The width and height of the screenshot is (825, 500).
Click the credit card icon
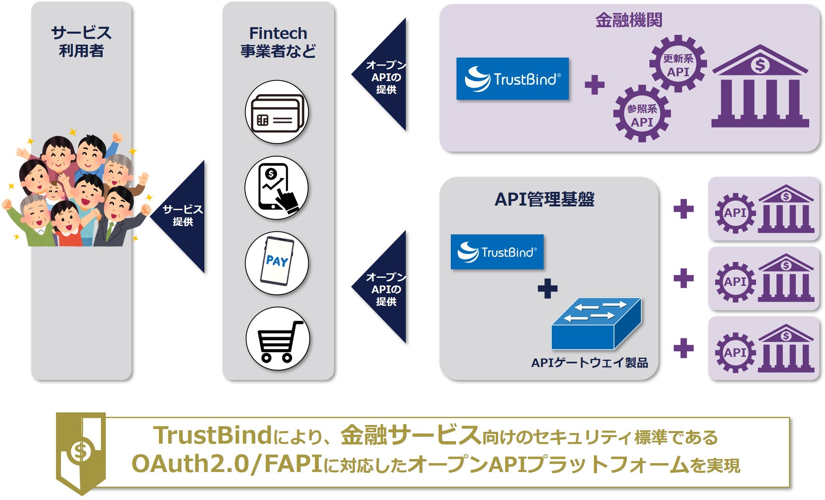point(277,112)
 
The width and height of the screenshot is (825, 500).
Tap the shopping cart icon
point(278,339)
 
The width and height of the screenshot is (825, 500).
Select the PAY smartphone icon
point(277,263)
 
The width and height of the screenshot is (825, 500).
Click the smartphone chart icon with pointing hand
point(277,188)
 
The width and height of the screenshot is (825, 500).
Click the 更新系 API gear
point(678,64)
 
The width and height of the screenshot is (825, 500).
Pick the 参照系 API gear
point(642,114)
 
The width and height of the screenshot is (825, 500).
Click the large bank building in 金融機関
point(760,87)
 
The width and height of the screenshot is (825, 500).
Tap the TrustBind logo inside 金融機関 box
point(512,79)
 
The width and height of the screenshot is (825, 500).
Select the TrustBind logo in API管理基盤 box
point(497,252)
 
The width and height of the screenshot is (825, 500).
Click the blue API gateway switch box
point(596,324)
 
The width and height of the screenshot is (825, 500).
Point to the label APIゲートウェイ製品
point(589,363)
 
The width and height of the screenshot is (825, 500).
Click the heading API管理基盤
point(544,199)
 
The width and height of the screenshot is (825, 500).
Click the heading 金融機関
point(629,20)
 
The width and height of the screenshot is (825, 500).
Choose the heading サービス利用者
point(81,41)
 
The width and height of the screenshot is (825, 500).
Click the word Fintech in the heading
point(278,33)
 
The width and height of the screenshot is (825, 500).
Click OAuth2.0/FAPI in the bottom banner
point(227,464)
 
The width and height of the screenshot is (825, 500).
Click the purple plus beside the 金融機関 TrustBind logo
point(594,85)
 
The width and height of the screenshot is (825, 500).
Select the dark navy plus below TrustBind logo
point(547,288)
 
